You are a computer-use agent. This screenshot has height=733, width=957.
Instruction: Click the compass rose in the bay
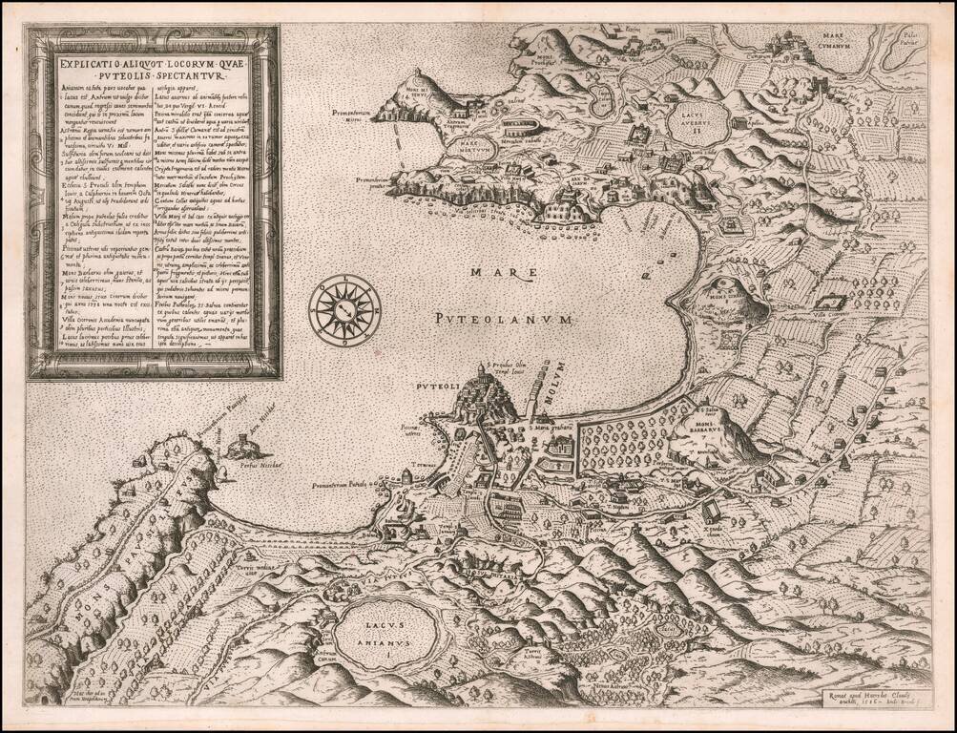point(344,308)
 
